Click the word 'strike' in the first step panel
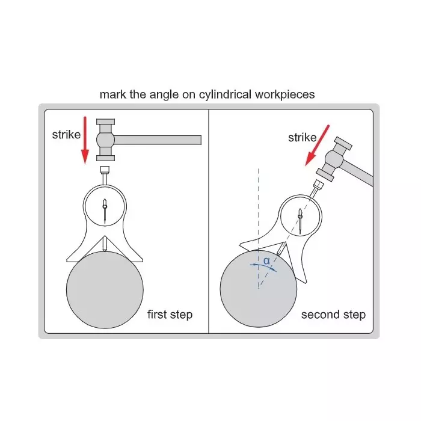tap(66, 135)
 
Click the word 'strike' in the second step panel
tap(302, 138)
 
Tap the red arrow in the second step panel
tap(318, 145)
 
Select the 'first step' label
tap(170, 315)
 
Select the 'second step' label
tap(333, 315)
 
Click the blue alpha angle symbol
tap(266, 261)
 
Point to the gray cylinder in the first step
tap(105, 289)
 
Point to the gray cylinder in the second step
tap(259, 289)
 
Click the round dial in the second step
tap(298, 214)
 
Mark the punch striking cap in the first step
tap(105, 168)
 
